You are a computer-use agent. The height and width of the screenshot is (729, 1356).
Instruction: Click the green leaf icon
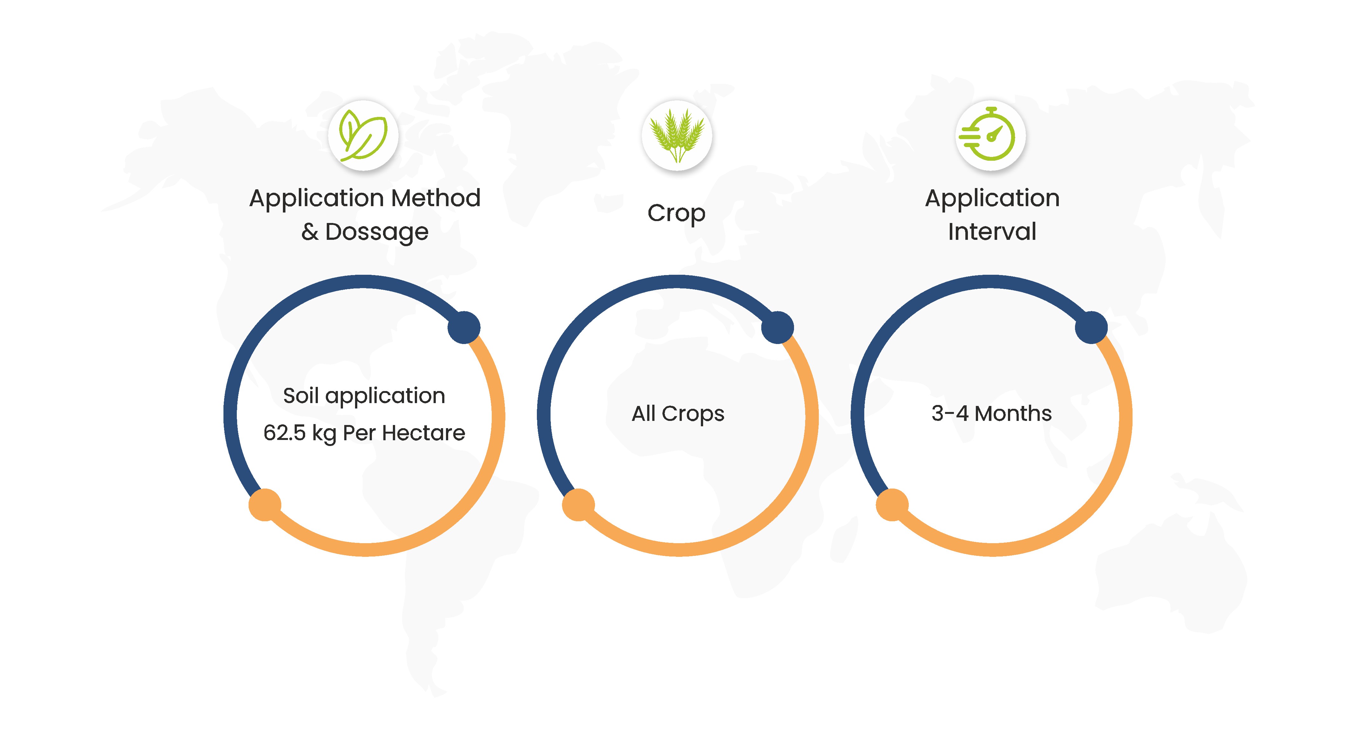click(363, 135)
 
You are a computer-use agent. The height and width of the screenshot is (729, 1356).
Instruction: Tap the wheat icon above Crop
click(677, 135)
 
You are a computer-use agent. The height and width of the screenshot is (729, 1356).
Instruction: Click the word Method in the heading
click(436, 198)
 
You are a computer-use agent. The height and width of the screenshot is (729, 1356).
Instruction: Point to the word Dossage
click(377, 232)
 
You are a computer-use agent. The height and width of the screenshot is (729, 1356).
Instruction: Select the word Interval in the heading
click(992, 232)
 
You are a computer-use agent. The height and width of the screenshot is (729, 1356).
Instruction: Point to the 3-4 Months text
click(992, 413)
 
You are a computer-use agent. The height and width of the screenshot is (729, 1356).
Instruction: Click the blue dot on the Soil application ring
click(464, 327)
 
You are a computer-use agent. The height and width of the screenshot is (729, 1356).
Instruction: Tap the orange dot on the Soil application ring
click(265, 504)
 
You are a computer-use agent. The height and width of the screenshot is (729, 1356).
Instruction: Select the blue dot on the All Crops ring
click(777, 327)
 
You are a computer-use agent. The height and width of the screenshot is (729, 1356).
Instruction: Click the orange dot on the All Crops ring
click(579, 504)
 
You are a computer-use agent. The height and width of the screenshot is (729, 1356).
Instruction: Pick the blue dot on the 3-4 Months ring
click(1091, 327)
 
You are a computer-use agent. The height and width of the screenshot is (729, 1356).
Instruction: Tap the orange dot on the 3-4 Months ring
click(892, 504)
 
